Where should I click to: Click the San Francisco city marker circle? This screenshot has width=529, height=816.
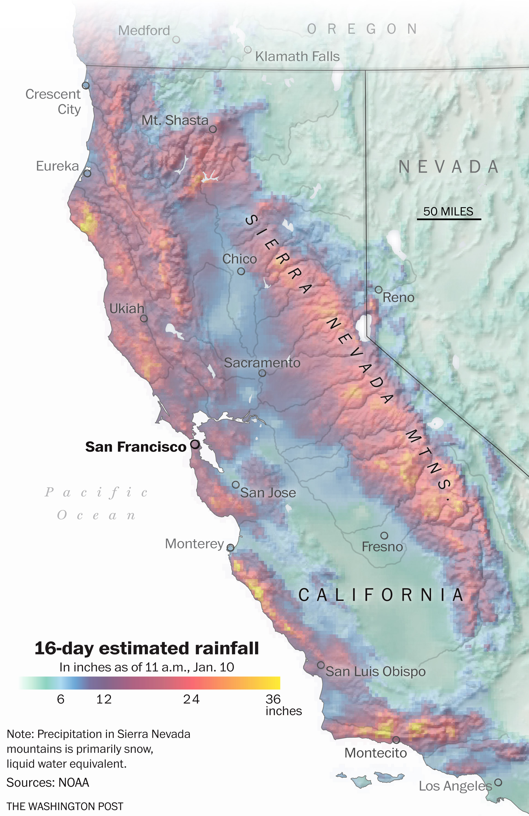[195, 444]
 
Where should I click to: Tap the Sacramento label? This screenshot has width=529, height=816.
[262, 363]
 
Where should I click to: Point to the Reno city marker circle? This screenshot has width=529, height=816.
[378, 290]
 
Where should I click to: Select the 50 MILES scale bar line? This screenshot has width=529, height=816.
[449, 219]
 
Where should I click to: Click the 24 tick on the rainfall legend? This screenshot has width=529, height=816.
[191, 699]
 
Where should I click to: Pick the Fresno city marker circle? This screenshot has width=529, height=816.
[384, 535]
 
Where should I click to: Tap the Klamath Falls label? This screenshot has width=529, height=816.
[297, 57]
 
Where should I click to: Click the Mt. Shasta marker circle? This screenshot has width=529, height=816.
[213, 129]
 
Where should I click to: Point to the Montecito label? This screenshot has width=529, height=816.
[376, 753]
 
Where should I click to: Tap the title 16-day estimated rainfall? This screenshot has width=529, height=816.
[147, 648]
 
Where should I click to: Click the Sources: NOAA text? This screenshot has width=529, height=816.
[48, 782]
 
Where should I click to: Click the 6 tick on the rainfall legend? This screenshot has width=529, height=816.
[61, 699]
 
